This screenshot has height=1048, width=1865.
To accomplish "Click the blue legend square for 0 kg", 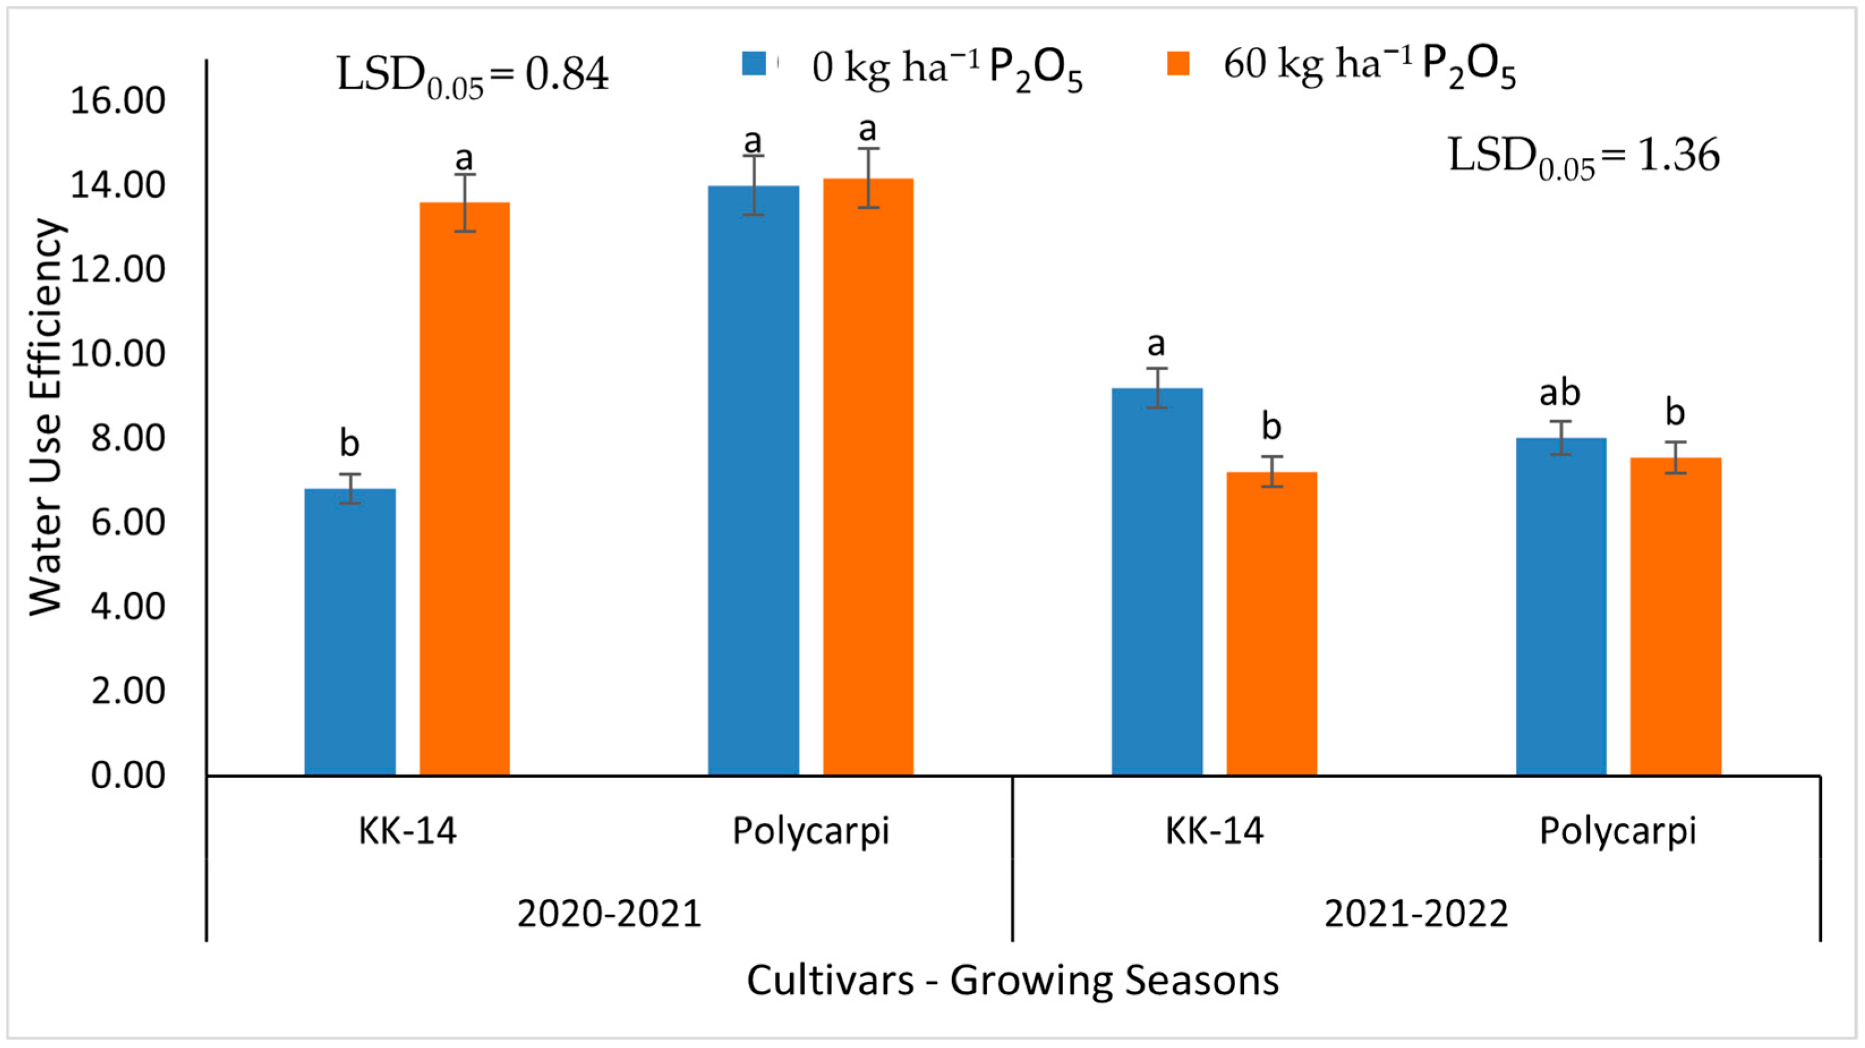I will click(754, 63).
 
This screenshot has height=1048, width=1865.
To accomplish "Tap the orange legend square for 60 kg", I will click(1178, 63).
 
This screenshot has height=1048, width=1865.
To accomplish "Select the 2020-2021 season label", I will click(609, 913).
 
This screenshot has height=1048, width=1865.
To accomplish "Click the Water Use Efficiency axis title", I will click(46, 418).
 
